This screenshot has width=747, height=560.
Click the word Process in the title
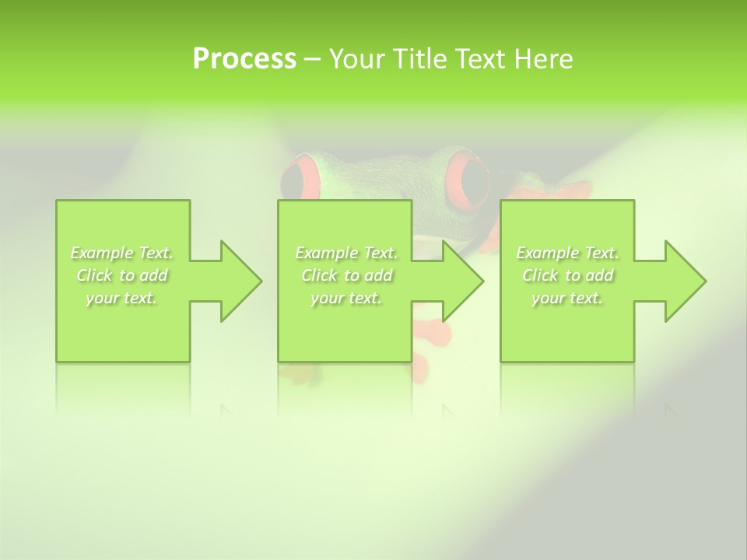click(x=244, y=59)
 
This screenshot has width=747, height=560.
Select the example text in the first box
click(x=122, y=275)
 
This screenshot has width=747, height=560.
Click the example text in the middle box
click(x=346, y=275)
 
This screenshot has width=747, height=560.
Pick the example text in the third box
click(x=567, y=275)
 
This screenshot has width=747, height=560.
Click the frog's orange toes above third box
click(x=572, y=191)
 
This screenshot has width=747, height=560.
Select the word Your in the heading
click(x=355, y=59)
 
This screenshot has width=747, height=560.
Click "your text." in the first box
click(x=122, y=298)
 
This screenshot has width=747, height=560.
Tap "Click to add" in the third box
click(x=567, y=275)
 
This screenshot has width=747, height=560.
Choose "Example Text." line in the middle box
click(x=346, y=253)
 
